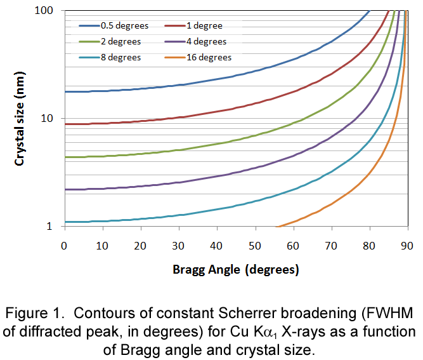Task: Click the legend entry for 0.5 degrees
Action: (124, 26)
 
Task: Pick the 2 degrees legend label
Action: (120, 42)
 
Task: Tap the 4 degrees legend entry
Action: (206, 42)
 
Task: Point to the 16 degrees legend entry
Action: (209, 57)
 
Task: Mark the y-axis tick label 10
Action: (53, 119)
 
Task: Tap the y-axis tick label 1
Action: (56, 226)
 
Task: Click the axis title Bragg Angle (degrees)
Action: (235, 269)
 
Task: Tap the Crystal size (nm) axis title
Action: (21, 118)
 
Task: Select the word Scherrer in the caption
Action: (283, 314)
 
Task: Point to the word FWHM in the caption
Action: (389, 314)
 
